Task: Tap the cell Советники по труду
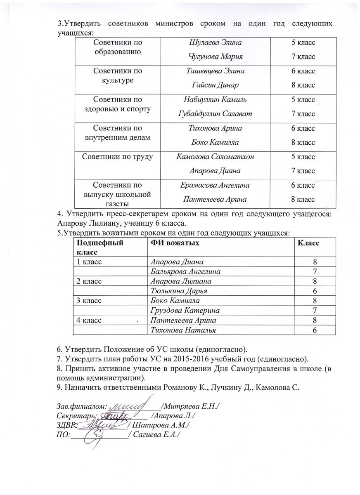click(x=118, y=157)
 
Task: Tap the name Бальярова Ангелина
click(x=185, y=271)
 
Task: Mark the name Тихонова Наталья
click(x=183, y=330)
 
